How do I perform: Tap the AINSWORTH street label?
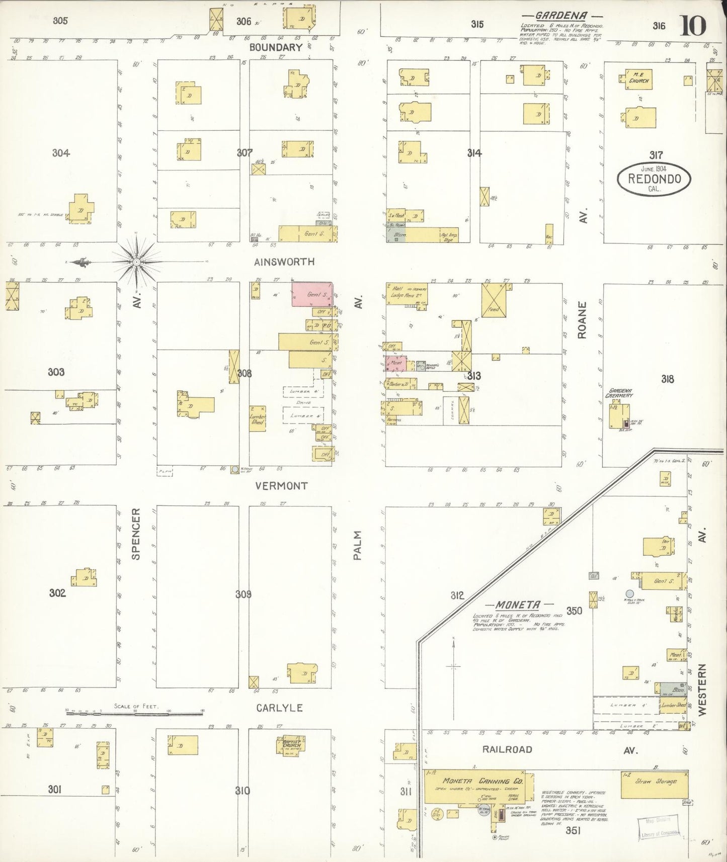[x=284, y=262]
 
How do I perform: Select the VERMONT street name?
[x=281, y=486]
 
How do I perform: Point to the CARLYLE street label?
[x=279, y=708]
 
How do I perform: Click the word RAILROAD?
[x=507, y=749]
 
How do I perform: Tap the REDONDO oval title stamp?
[x=654, y=179]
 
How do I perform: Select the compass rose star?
[x=137, y=262]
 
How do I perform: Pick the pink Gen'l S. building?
[x=311, y=293]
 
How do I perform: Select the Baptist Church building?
[x=290, y=745]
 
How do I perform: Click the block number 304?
[x=61, y=153]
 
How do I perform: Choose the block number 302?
[x=57, y=593]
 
